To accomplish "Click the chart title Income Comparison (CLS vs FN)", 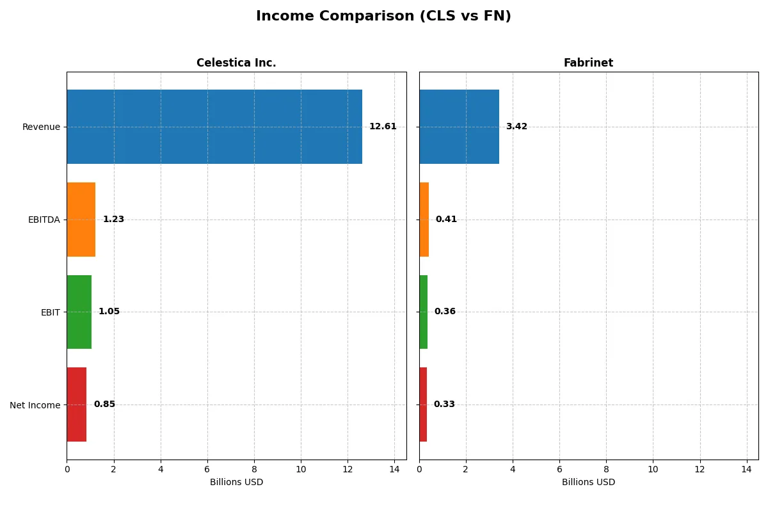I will pyautogui.click(x=383, y=17).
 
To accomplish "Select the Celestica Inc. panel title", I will pyautogui.click(x=236, y=63).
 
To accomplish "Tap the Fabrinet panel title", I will pyautogui.click(x=588, y=63).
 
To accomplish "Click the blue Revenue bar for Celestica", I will pyautogui.click(x=214, y=127).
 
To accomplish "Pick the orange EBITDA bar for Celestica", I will pyautogui.click(x=81, y=220).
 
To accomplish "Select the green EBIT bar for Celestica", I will pyautogui.click(x=79, y=312).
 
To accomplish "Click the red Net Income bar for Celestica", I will pyautogui.click(x=77, y=404).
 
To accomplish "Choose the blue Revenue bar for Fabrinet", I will pyautogui.click(x=459, y=127).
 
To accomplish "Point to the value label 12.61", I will pyautogui.click(x=383, y=127).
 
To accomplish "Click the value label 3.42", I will pyautogui.click(x=516, y=127).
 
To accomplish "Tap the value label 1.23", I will pyautogui.click(x=113, y=220).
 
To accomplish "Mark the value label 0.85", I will pyautogui.click(x=104, y=404).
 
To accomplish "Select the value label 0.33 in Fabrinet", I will pyautogui.click(x=444, y=404).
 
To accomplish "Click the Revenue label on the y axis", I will pyautogui.click(x=41, y=127).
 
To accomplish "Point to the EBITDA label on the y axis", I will pyautogui.click(x=44, y=220).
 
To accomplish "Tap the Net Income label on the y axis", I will pyautogui.click(x=35, y=405).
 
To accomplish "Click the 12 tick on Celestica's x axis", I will pyautogui.click(x=348, y=469).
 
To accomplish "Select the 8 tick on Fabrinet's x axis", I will pyautogui.click(x=606, y=469).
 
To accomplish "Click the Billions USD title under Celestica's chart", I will pyautogui.click(x=236, y=483).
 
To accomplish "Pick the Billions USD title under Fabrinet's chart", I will pyautogui.click(x=588, y=483).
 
